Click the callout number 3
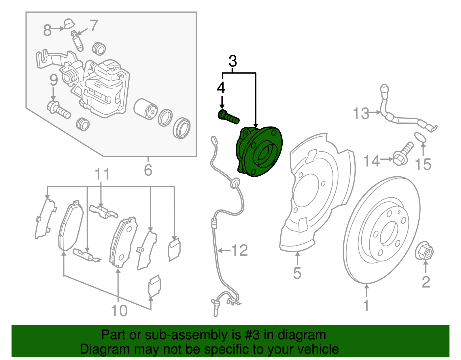click(233, 61)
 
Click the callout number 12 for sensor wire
click(239, 250)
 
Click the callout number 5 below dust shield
click(297, 273)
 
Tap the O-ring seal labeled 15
click(420, 137)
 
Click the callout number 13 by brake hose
click(361, 113)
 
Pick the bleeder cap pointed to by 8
click(69, 23)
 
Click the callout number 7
click(94, 26)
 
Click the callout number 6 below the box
click(148, 170)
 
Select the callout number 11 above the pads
click(102, 174)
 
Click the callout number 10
click(119, 310)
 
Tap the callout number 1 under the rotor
click(366, 306)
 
